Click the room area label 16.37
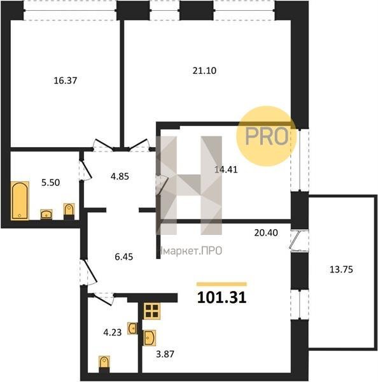pos(66,80)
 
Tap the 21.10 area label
pos(204,71)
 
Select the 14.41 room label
pos(226,169)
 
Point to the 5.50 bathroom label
pos(50,183)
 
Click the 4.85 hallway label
pos(120,176)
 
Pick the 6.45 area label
pos(123,257)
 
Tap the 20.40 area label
pos(266,232)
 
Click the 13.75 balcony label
pos(341,269)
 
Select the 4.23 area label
pos(112,332)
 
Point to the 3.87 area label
pos(165,354)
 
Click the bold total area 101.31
pos(221,298)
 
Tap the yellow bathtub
pos(20,201)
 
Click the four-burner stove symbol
pos(151,311)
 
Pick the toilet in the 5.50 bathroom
pos(69,211)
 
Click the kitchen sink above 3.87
pos(150,338)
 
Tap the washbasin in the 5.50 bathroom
pos(46,215)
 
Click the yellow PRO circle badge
pos(267,136)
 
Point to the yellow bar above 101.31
pos(221,284)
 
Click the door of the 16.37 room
pos(103,145)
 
